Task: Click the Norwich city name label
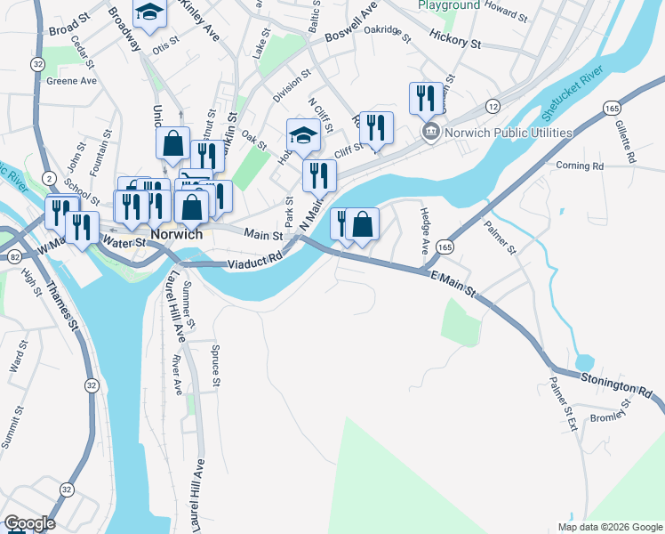tap(176, 235)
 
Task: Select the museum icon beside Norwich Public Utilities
tap(430, 133)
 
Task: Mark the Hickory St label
tap(454, 41)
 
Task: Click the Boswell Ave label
tap(351, 36)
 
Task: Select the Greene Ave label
tap(71, 80)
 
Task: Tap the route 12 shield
tap(492, 106)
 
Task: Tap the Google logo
tap(28, 523)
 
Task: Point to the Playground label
tap(449, 5)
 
